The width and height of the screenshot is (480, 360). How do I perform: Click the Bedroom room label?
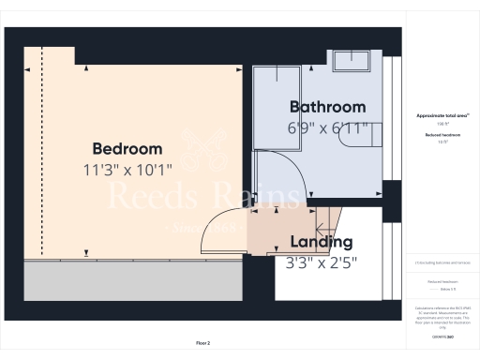[x=127, y=149]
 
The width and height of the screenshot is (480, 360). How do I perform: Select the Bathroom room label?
[x=327, y=107]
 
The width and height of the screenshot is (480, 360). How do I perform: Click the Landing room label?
[x=320, y=242]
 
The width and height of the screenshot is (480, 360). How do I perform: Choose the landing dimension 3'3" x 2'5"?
[x=320, y=262]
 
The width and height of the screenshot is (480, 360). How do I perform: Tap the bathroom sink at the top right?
[x=354, y=61]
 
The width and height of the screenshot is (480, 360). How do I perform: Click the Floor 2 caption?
[x=202, y=343]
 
